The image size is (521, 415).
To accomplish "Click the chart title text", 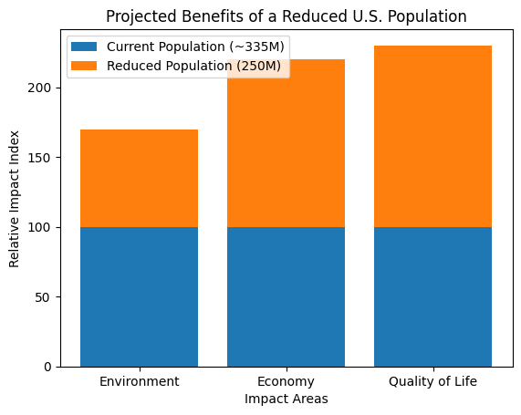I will (287, 16).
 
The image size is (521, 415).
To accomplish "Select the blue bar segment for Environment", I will (139, 296).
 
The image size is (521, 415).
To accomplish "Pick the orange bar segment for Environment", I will (139, 178).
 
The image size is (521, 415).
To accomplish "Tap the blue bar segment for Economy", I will (286, 296).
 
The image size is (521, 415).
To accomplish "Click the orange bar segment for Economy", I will (286, 143).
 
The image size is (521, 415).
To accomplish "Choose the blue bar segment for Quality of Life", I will (432, 296).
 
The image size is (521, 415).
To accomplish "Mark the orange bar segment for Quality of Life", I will (432, 136).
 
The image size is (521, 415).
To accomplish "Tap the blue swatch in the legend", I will (84, 47).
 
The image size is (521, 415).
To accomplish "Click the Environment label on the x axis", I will (139, 381).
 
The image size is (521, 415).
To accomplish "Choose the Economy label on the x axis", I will (286, 381).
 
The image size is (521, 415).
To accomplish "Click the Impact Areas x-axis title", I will (286, 399).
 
